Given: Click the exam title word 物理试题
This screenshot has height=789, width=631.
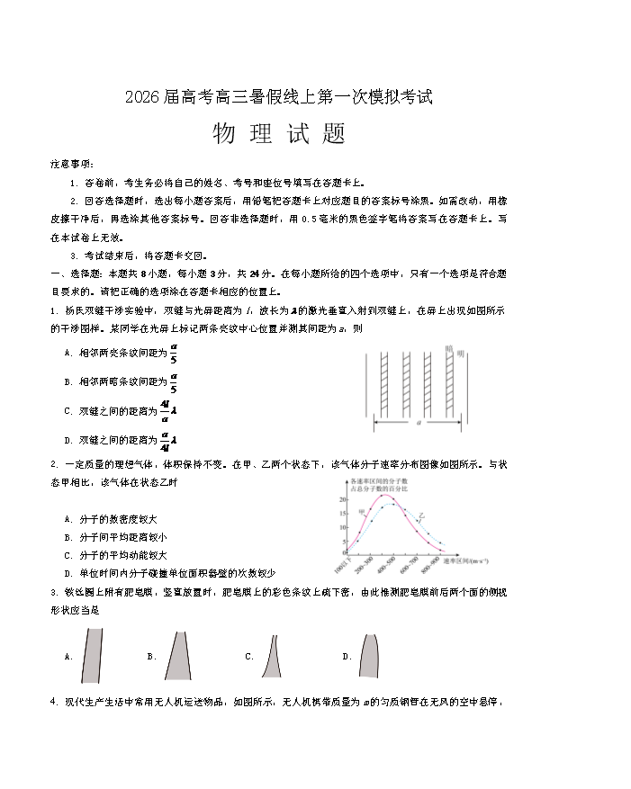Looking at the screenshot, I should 279,134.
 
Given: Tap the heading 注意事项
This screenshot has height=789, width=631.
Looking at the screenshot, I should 71,164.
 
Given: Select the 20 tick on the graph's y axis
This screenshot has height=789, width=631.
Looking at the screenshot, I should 345,498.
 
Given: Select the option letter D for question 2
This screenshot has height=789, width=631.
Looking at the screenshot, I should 68,573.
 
